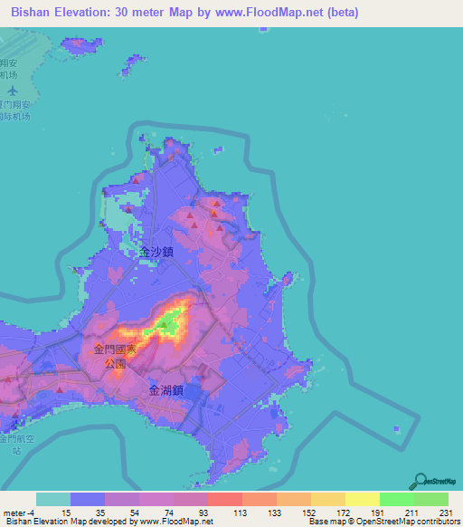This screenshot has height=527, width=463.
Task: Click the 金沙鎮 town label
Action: click(x=156, y=254)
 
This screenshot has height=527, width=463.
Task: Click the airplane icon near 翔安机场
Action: click(x=12, y=91)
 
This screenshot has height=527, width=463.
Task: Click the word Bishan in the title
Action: click(x=33, y=13)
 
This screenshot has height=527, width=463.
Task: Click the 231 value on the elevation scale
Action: click(x=445, y=513)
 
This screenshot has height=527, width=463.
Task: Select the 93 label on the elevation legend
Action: click(x=203, y=513)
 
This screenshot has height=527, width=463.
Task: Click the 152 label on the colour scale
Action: click(x=307, y=513)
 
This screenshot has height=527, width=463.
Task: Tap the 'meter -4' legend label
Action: click(x=16, y=513)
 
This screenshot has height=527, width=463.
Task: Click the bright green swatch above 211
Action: click(x=396, y=499)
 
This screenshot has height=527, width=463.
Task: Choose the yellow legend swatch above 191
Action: click(x=362, y=499)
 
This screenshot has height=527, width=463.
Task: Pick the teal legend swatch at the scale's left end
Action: click(x=53, y=499)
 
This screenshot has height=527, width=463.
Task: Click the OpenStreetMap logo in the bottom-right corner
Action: click(x=435, y=483)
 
